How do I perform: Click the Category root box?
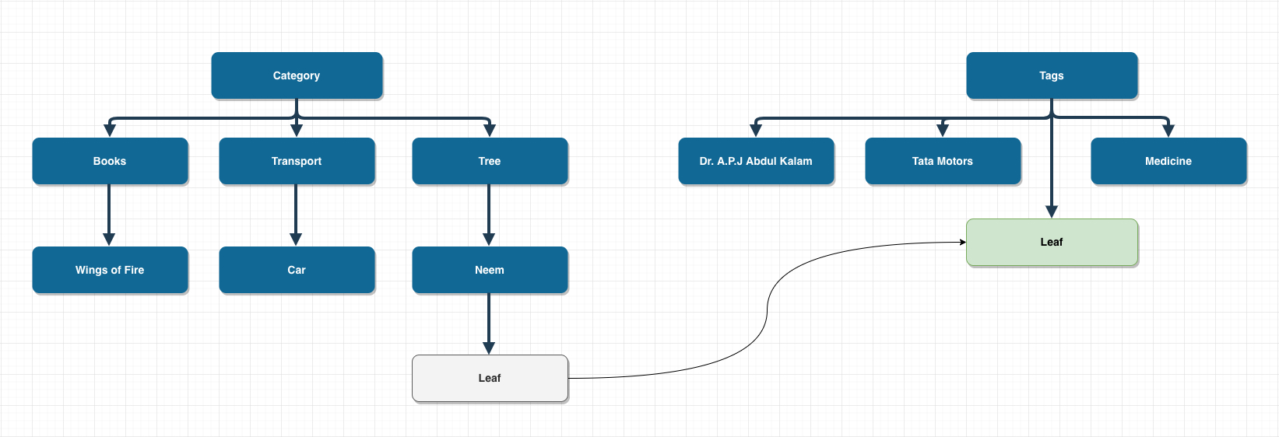297,75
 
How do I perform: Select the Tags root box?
1052,75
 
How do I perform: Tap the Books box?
110,161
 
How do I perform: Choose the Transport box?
297,161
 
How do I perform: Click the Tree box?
490,161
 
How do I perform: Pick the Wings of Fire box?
110,270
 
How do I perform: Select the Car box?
297,270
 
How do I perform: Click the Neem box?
490,270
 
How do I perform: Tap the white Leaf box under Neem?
490,378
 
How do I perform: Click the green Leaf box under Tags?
1052,242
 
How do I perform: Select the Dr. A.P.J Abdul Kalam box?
756,161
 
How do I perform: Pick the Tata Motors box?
943,161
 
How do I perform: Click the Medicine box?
1168,161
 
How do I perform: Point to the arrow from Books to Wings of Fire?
109,214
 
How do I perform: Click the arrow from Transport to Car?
296,214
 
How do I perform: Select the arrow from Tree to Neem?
489,214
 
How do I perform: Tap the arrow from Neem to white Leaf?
489,323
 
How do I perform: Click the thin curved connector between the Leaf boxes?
767,311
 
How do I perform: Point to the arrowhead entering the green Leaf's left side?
962,242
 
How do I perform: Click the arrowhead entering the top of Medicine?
1168,131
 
